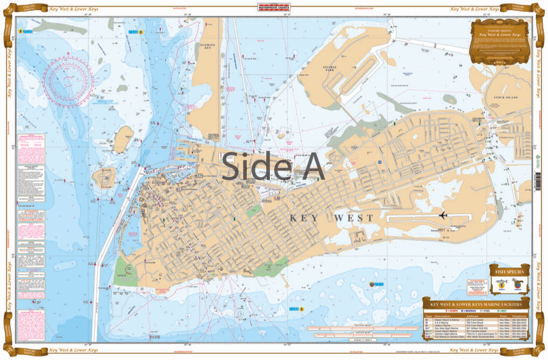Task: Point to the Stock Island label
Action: tap(505, 97)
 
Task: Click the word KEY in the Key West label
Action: tap(306, 218)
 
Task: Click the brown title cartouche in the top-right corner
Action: tap(499, 43)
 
